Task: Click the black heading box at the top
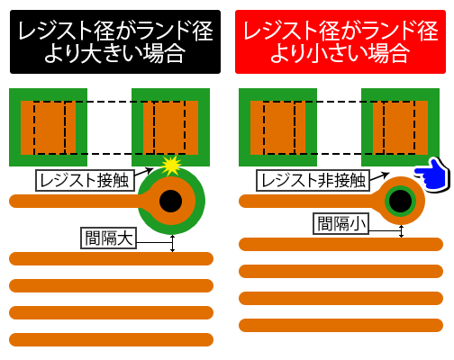(115, 41)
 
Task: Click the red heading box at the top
(340, 41)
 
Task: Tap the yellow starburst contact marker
(171, 166)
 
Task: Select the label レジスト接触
(85, 180)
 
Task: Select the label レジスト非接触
(313, 180)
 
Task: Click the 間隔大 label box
(109, 238)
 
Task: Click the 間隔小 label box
(341, 223)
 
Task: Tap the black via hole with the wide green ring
(170, 201)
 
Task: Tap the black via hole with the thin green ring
(400, 201)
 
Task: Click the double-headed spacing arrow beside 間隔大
(172, 243)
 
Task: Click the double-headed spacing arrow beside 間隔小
(402, 231)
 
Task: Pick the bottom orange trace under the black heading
(111, 339)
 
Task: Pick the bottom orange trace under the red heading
(340, 326)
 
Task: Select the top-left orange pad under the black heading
(48, 128)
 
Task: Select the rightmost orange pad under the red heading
(401, 128)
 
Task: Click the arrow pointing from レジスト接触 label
(143, 172)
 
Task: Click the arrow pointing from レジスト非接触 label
(379, 176)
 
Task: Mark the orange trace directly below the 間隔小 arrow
(340, 245)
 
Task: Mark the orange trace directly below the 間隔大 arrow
(111, 258)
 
